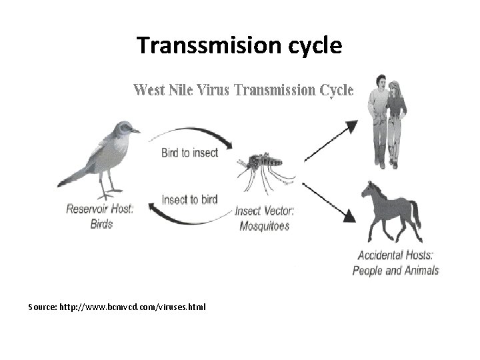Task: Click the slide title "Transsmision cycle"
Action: coord(239,45)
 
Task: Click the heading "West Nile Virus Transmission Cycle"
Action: coord(243,89)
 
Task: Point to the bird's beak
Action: coord(136,131)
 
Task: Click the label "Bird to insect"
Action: coord(189,152)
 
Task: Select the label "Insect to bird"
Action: coord(189,199)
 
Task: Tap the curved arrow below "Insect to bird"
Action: coord(190,217)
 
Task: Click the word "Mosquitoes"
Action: coord(265,226)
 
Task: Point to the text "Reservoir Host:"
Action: coord(100,209)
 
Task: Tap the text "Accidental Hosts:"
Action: coord(396,256)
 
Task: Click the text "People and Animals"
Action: coord(396,270)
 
